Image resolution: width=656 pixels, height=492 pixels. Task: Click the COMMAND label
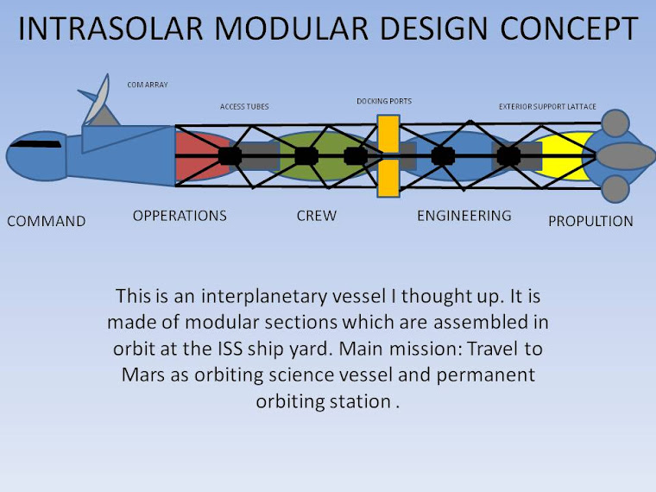click(47, 221)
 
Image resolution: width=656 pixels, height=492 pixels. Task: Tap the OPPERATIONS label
click(180, 215)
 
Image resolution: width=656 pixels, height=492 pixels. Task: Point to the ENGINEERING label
click(464, 215)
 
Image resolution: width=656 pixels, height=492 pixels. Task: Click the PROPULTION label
click(590, 221)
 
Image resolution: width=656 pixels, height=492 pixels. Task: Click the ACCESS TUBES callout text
click(244, 107)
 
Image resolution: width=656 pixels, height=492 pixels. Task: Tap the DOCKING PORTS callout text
click(384, 101)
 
